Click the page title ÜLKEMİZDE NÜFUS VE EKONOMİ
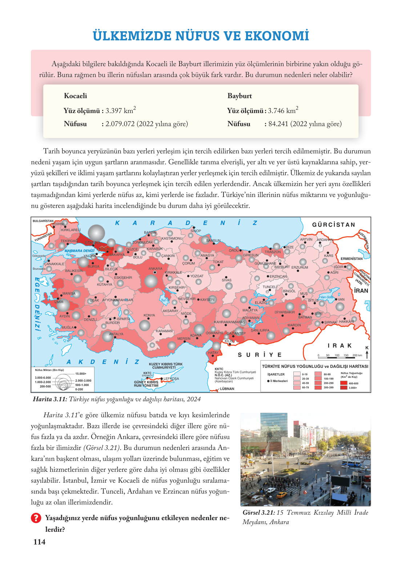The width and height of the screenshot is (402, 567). (201, 36)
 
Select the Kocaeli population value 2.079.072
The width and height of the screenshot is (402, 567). (120, 124)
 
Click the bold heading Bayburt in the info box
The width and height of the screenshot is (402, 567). (240, 96)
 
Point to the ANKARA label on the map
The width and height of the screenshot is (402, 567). (155, 269)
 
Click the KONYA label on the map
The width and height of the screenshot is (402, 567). (149, 315)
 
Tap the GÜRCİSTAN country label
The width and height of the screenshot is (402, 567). (333, 225)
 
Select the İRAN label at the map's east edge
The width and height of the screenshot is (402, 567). (361, 291)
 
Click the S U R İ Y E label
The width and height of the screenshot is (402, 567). (260, 355)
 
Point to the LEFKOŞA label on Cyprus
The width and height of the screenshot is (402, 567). (171, 378)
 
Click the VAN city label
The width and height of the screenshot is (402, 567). (341, 299)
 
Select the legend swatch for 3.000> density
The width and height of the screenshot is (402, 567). (343, 387)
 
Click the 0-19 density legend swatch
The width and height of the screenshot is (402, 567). (297, 374)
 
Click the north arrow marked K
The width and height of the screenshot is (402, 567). (367, 353)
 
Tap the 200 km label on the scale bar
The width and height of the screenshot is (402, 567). (357, 355)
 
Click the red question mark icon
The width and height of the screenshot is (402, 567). (36, 518)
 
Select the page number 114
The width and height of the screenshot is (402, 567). (39, 542)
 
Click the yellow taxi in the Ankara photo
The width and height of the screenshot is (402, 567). (281, 495)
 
